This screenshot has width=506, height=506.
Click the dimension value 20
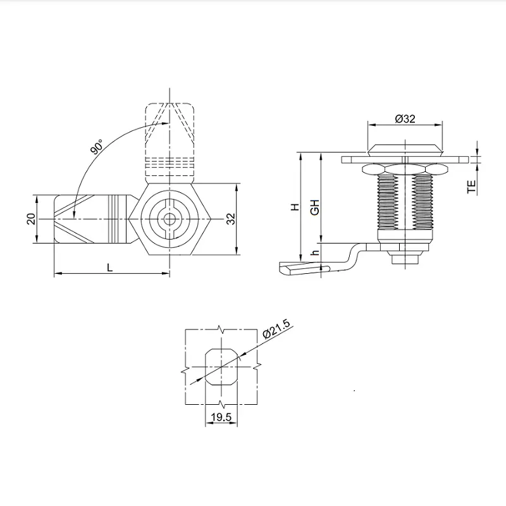30,218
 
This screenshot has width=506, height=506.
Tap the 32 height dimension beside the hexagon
231,218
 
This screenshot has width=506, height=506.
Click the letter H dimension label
294,207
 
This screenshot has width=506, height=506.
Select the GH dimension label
314,207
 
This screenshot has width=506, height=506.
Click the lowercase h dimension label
314,254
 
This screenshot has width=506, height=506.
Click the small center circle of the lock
170,218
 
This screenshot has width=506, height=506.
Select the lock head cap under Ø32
404,149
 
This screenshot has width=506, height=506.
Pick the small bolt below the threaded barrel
404,257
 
